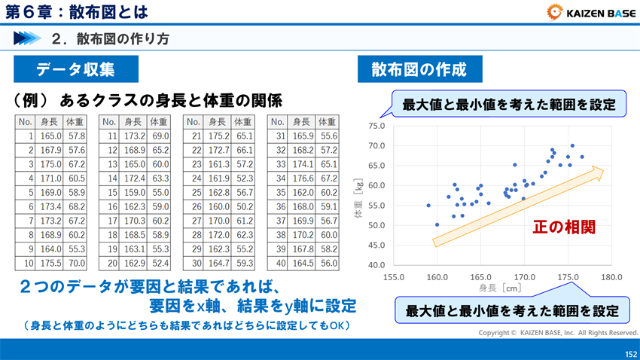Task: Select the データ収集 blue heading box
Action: pos(75,70)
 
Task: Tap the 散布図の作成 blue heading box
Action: pos(419,70)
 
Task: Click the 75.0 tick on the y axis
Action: pos(376,126)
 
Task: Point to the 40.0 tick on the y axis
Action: pos(376,265)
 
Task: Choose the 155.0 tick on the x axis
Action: pos(394,277)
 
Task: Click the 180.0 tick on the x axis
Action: pos(611,277)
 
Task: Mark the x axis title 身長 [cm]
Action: pos(500,288)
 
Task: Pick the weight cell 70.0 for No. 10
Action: pos(76,264)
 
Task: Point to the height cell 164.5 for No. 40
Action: pos(302,264)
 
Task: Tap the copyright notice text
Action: pos(558,332)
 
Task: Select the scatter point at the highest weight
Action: pos(572,145)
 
